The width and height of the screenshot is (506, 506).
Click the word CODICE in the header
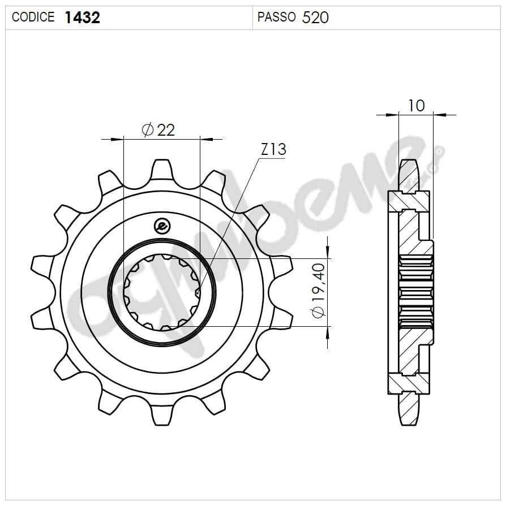coord(33,18)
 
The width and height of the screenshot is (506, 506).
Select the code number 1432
coord(82,18)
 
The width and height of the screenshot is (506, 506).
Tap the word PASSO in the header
coord(276,18)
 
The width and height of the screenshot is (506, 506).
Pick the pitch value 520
coord(315,18)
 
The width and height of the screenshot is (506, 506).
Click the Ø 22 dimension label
coord(158,130)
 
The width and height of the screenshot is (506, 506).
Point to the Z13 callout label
coord(273,150)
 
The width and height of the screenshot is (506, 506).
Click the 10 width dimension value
coord(416,105)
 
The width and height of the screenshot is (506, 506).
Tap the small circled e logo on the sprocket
coord(162,226)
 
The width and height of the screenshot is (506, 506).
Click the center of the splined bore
coord(162,292)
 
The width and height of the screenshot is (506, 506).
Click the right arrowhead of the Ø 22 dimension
coord(207,138)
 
